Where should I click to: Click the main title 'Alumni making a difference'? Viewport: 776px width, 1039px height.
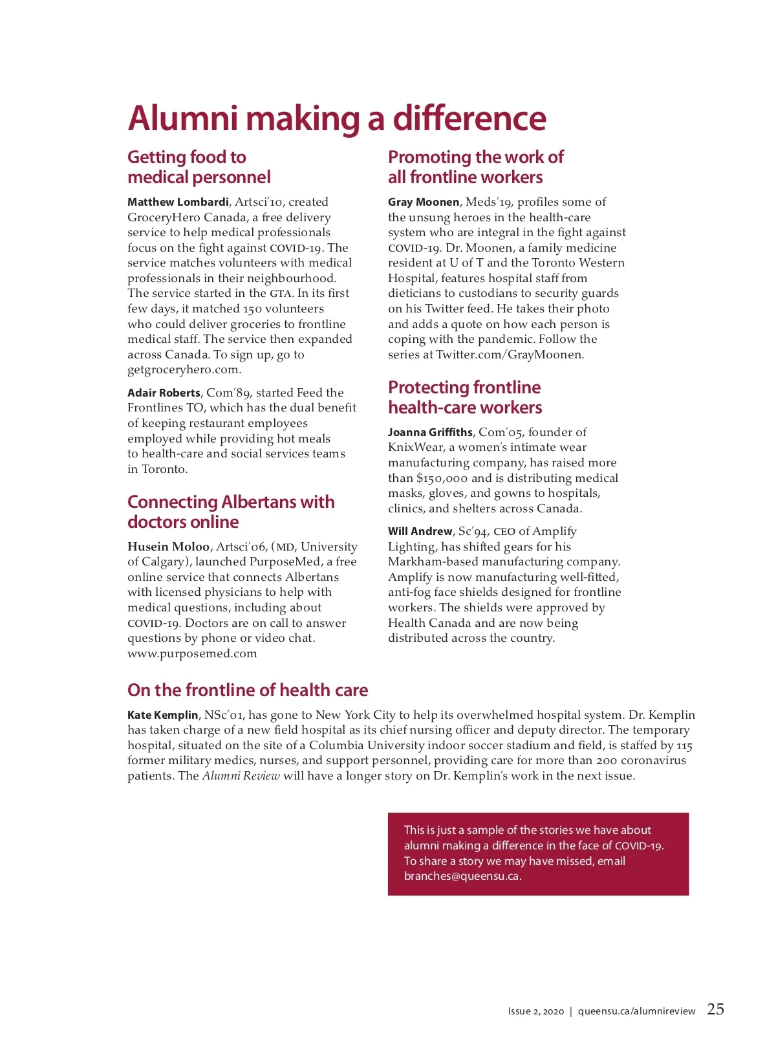point(336,118)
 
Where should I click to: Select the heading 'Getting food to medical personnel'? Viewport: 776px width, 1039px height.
point(199,167)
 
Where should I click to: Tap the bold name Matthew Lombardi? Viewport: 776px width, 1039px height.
point(178,202)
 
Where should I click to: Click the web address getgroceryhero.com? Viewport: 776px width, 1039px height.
point(184,370)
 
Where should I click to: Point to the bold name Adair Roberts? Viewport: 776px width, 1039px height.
point(164,393)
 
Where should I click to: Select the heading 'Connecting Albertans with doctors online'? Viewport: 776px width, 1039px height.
point(231,512)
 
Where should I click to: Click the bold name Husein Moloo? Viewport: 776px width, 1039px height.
point(168,547)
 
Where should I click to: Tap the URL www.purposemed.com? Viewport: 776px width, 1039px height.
point(192,653)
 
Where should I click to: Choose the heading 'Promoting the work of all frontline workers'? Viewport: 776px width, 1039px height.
point(475,167)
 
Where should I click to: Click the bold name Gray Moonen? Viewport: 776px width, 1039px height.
point(424,202)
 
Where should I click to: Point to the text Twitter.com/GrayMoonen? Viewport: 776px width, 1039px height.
point(510,355)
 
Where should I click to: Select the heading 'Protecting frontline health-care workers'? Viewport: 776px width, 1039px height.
point(465,397)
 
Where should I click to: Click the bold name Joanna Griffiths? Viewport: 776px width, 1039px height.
point(430,432)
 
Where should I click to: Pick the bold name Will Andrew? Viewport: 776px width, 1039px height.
point(420,531)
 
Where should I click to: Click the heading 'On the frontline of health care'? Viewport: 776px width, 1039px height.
point(248,690)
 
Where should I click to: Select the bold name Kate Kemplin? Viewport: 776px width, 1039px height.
point(163,715)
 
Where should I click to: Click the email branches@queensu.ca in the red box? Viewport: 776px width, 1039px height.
point(462,876)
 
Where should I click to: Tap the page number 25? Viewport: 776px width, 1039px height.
point(715,1009)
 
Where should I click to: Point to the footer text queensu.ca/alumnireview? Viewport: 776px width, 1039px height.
point(636,1011)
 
